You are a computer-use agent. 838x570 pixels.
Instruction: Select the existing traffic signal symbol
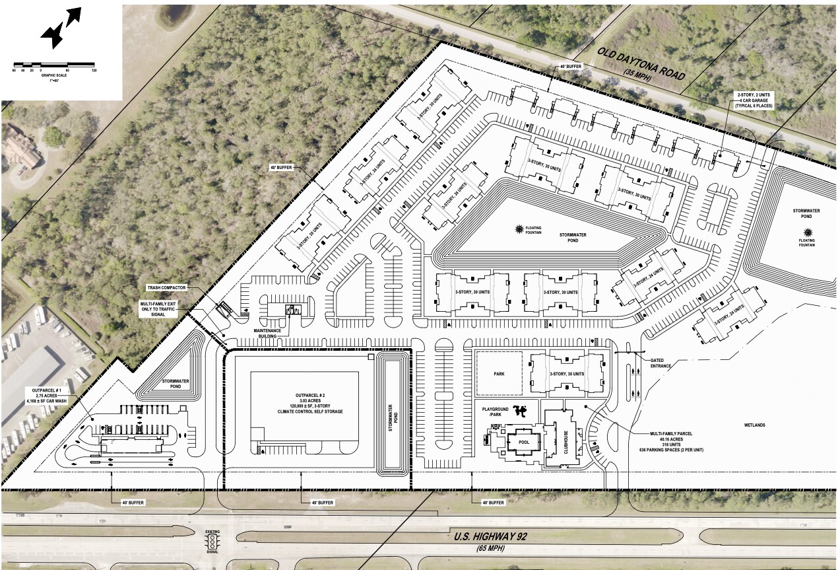pyautogui.click(x=212, y=542)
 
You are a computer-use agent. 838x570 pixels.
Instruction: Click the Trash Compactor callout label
pyautogui.click(x=166, y=288)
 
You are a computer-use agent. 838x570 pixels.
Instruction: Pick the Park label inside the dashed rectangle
pyautogui.click(x=498, y=374)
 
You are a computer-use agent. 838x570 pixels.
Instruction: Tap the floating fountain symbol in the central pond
pyautogui.click(x=520, y=229)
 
